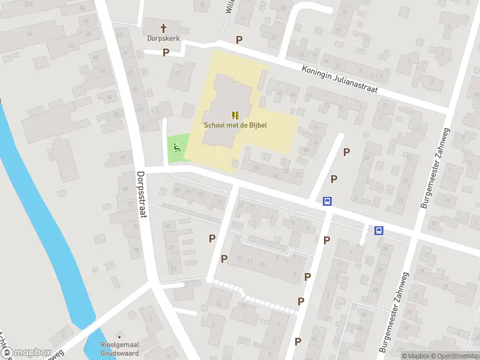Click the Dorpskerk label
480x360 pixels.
163,38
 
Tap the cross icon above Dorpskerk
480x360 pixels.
163,28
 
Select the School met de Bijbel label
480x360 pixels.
235,125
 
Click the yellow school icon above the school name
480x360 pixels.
235,115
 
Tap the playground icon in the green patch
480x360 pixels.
176,147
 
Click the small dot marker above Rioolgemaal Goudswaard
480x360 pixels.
119,336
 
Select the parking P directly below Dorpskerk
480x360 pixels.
166,52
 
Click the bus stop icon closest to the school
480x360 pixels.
328,202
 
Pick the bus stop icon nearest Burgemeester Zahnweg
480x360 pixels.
379,230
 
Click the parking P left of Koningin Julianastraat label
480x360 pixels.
239,40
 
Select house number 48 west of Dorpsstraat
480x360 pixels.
95,57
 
